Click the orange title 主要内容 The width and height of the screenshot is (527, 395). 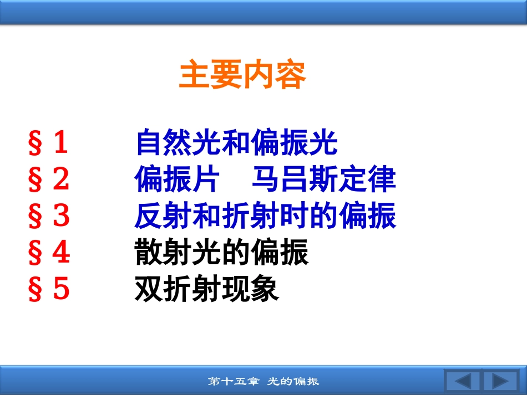coord(242,74)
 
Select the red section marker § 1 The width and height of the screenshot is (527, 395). coord(48,142)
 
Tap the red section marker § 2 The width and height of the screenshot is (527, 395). coord(49,178)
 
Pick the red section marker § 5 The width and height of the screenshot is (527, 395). coord(49,288)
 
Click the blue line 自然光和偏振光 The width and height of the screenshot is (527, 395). coord(237,142)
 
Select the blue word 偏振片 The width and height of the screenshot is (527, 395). coord(177,179)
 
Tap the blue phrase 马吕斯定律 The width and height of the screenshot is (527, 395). coord(324,179)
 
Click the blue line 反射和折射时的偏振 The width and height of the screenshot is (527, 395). coord(265,216)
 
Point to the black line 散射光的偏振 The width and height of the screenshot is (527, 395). coord(221,252)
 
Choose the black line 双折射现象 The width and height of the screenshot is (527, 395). coord(207,289)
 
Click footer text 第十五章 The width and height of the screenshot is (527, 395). coord(234,381)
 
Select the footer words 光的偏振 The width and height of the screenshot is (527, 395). coord(293,381)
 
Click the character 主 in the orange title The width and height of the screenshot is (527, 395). coord(194,74)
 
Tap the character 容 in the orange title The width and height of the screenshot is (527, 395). coord(290,74)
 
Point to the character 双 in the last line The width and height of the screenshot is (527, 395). coord(149,289)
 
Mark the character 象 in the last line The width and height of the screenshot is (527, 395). coord(265,289)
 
